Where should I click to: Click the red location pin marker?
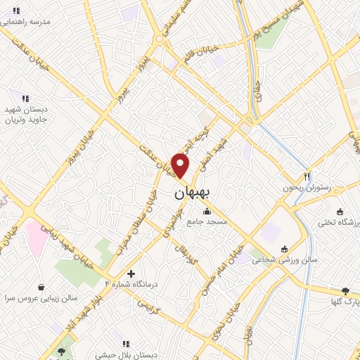(181, 166)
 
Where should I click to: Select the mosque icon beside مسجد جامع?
(206, 212)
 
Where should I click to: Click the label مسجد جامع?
(206, 222)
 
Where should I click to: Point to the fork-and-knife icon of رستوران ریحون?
(307, 176)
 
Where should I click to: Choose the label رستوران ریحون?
(307, 188)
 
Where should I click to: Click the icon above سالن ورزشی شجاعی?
(284, 248)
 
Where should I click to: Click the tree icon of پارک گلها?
(345, 290)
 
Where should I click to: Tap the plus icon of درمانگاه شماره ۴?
(131, 273)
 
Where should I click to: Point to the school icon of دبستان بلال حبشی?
(126, 344)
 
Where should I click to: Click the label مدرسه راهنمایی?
(26, 22)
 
